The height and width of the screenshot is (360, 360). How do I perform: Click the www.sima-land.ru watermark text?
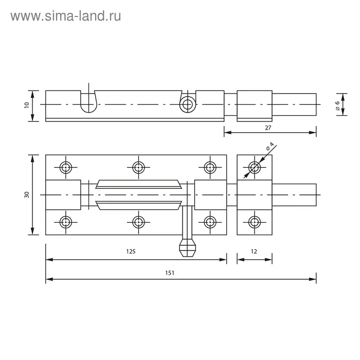66,16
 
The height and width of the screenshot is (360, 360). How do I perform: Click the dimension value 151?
170,273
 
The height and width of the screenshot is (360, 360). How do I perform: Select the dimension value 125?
131,251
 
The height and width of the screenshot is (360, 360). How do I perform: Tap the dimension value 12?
254,251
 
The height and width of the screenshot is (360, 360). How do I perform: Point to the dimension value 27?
268,128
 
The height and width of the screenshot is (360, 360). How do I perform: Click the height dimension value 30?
27,195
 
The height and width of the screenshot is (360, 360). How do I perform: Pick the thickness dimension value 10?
27,105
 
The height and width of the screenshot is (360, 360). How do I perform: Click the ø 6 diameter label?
337,105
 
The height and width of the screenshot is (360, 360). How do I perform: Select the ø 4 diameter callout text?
270,146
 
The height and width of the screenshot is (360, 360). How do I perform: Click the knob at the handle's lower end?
188,248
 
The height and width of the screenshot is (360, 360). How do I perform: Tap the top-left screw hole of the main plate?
66,167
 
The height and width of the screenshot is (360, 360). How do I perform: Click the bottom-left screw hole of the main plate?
66,222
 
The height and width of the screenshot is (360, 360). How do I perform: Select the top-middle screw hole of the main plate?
138,167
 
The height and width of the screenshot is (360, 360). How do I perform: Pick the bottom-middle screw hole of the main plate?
138,222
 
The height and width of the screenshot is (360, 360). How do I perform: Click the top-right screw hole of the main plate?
210,167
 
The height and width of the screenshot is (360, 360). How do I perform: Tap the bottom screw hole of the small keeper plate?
255,222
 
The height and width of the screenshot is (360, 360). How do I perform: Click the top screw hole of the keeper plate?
255,167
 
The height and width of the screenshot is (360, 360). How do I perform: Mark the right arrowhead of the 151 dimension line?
313,279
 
